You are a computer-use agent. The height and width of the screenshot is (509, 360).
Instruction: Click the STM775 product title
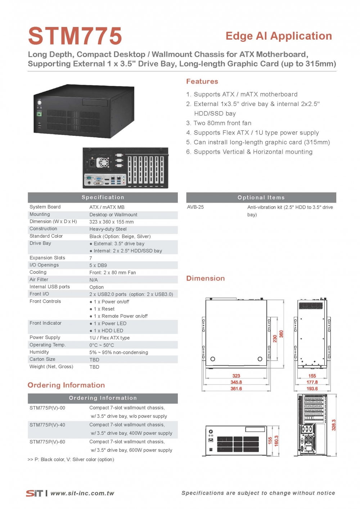point(75,36)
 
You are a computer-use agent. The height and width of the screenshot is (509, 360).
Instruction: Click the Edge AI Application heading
point(279,36)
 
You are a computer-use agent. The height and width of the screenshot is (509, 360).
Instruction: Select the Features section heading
point(202,81)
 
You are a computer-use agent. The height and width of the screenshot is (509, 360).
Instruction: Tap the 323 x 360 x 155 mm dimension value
point(111,222)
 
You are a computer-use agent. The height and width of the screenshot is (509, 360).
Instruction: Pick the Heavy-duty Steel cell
point(108,229)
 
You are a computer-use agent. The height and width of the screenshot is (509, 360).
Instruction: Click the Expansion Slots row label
point(47,258)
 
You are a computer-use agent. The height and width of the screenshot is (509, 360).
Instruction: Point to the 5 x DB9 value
point(98,265)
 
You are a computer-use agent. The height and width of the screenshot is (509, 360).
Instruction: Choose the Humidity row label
point(39,352)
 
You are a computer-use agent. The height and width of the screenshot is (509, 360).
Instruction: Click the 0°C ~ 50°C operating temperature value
point(102,345)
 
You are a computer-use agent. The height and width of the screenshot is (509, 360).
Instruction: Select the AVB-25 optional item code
point(195,207)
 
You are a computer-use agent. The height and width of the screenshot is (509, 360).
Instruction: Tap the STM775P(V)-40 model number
point(47,425)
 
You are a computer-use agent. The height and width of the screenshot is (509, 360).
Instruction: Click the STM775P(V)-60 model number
point(47,442)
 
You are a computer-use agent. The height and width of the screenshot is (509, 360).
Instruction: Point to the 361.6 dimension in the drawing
point(236,389)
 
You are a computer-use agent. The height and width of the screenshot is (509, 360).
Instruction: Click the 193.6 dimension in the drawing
point(312,389)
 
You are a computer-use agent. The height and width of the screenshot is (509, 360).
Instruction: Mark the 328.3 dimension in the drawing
point(334,425)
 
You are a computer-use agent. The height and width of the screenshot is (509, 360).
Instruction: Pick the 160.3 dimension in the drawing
point(276,440)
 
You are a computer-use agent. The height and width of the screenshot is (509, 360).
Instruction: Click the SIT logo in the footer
point(34,493)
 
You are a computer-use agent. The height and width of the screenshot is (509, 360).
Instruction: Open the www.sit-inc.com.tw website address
point(82,493)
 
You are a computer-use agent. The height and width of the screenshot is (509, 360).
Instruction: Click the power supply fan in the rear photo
point(103,163)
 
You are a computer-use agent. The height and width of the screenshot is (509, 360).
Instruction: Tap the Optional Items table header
point(261,197)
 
